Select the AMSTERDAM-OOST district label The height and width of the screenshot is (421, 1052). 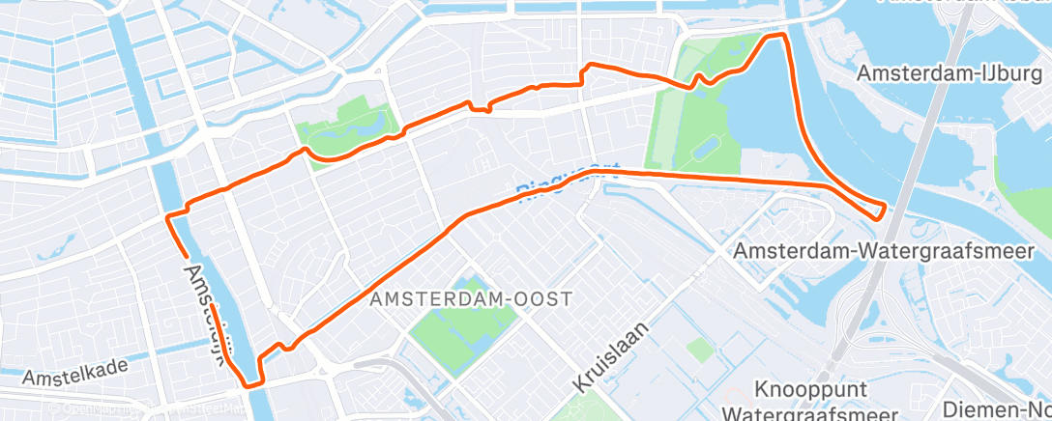471,300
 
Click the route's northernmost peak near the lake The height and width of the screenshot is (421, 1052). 774,36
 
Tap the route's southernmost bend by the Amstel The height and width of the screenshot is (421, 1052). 253,384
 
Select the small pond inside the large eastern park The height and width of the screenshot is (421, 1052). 705,148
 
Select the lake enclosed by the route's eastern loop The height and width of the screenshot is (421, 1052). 764,116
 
